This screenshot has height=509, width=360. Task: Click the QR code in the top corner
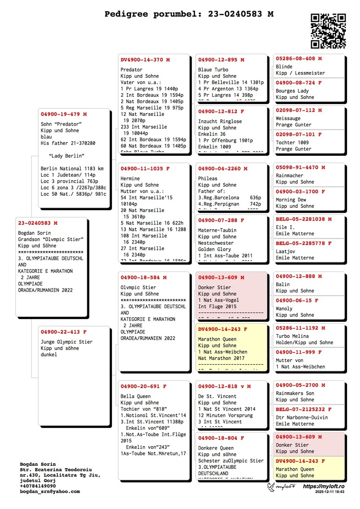pyautogui.click(x=328, y=31)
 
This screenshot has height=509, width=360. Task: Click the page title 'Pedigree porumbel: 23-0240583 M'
pyautogui.click(x=189, y=14)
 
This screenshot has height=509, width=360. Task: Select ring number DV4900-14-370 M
pyautogui.click(x=145, y=60)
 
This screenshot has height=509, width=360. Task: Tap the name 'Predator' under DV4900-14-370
pyautogui.click(x=131, y=70)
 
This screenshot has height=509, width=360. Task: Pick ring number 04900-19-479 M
pyautogui.click(x=63, y=114)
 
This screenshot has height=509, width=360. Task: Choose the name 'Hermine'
pyautogui.click(x=130, y=179)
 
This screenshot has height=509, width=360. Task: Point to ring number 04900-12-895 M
pyautogui.click(x=221, y=60)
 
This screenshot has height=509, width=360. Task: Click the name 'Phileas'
pyautogui.click(x=208, y=179)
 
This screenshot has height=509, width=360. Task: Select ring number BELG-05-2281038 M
pyautogui.click(x=303, y=219)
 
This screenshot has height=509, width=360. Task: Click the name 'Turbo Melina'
pyautogui.click(x=292, y=336)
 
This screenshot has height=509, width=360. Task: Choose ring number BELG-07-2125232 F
pyautogui.click(x=303, y=410)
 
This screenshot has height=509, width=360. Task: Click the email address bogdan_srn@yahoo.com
pyautogui.click(x=49, y=491)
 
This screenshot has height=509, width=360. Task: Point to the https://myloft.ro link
pyautogui.click(x=324, y=486)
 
